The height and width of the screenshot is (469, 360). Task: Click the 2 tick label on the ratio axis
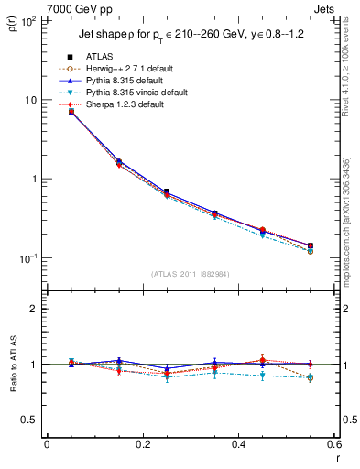click(x=33, y=309)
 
